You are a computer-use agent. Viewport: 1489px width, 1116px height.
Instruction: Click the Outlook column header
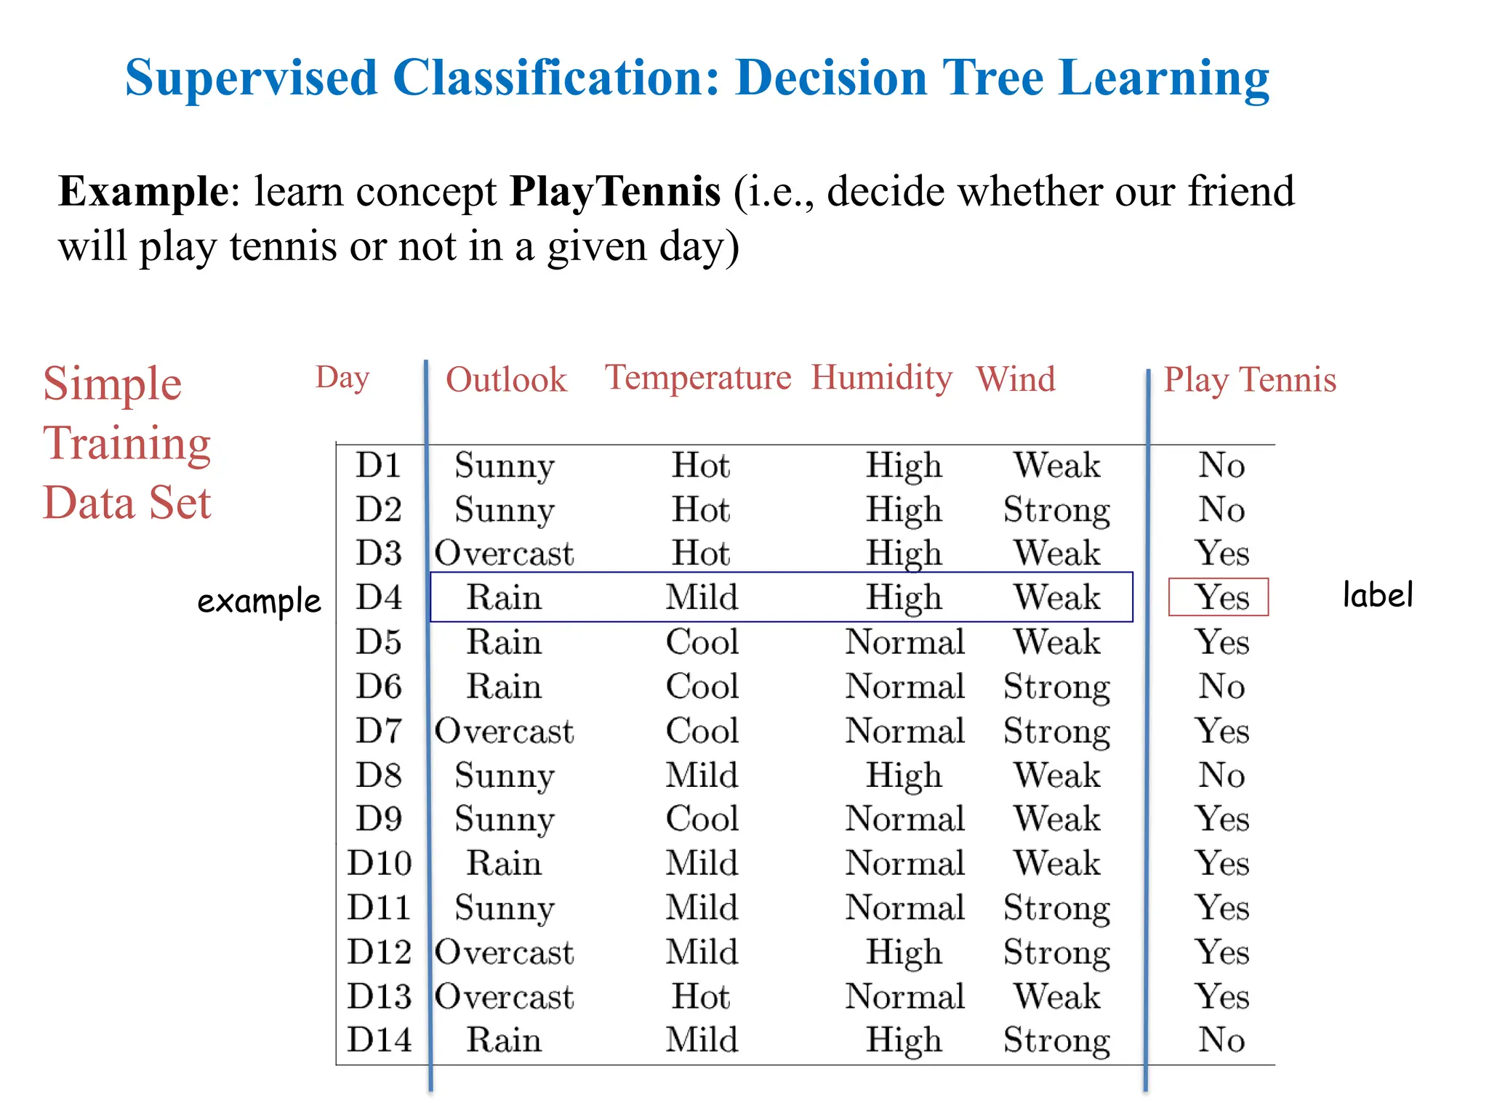point(506,380)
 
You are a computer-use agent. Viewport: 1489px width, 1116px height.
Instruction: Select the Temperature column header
point(698,378)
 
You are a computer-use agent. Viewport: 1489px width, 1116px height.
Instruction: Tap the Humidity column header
point(881,378)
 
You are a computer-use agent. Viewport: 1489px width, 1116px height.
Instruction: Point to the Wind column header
point(1016,379)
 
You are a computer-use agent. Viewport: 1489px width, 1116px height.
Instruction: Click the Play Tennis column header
point(1250,380)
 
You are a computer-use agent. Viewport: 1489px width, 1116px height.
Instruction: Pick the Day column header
point(342,378)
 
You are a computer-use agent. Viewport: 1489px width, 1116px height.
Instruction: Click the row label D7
point(379,731)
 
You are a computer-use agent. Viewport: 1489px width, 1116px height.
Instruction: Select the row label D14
point(379,1040)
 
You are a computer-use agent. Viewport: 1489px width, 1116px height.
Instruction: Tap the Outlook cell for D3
point(504,554)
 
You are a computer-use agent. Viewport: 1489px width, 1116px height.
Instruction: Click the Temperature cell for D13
point(701,996)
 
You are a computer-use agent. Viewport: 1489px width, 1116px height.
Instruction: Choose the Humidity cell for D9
point(905,820)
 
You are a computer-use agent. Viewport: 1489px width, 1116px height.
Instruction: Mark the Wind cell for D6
point(1057,687)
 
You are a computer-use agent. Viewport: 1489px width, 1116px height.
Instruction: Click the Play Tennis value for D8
point(1221,775)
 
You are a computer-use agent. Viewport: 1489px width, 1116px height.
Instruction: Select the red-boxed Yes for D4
point(1222,598)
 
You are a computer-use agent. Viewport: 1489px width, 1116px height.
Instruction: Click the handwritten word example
point(259,602)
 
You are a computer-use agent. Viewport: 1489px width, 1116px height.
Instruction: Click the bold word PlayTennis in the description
point(615,192)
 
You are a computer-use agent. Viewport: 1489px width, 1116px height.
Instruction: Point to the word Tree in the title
point(993,78)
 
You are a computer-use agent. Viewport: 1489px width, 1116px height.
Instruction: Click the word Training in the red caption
point(127,443)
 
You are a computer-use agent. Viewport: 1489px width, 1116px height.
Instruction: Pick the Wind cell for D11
point(1057,908)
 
